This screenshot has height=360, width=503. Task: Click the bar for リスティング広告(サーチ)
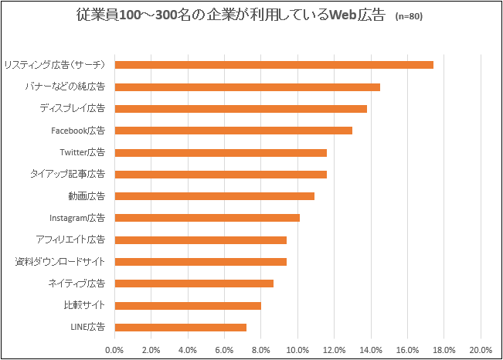click(274, 64)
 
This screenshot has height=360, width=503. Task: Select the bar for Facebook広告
click(233, 130)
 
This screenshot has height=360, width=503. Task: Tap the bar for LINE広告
click(180, 327)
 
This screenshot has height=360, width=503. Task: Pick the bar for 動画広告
click(214, 195)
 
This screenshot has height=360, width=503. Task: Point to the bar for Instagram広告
click(207, 218)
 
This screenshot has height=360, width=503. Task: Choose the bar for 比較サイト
click(188, 305)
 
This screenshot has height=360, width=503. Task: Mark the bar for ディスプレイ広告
click(240, 108)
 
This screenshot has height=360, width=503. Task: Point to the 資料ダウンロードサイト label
click(60, 261)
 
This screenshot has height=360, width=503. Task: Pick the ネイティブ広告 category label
click(76, 284)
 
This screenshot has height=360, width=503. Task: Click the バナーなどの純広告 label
click(66, 87)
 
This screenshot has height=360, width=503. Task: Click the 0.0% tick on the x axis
click(114, 350)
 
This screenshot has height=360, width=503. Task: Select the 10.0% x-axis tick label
click(297, 350)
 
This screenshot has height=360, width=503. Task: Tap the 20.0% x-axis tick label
click(481, 350)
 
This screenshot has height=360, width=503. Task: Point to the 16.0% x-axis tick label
click(407, 350)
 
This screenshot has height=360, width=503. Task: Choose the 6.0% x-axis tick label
click(224, 350)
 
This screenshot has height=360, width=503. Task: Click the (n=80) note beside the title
click(409, 16)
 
